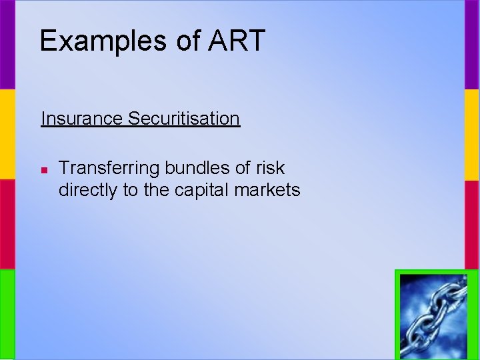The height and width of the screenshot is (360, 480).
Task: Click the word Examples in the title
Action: (103, 41)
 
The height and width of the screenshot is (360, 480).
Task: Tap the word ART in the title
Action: (237, 41)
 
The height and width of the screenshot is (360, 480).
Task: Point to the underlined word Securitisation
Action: (183, 119)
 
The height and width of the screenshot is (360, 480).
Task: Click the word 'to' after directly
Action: (130, 191)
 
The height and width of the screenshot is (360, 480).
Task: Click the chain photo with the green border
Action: (436, 315)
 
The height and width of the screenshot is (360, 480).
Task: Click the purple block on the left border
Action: (7, 45)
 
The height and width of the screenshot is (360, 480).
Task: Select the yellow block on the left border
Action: (7, 135)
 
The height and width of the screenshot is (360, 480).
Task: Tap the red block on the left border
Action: (7, 225)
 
